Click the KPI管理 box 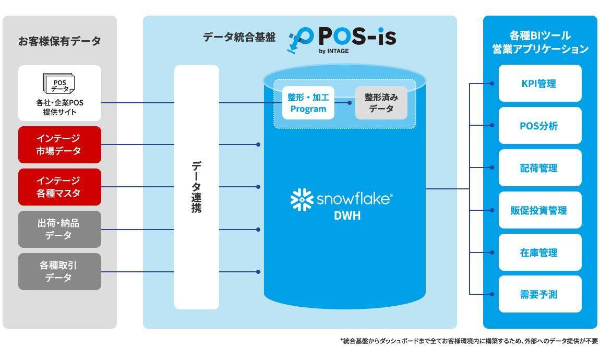[x=539, y=83]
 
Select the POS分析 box [x=539, y=126]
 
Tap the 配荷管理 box [x=539, y=168]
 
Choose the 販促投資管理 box [x=539, y=210]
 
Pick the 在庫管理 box [x=539, y=253]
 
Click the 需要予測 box [x=539, y=294]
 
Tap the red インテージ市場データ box [x=59, y=145]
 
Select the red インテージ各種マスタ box [x=59, y=187]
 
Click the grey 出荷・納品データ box [x=59, y=229]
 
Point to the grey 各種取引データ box [x=59, y=271]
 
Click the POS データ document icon [x=58, y=84]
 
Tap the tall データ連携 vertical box [x=197, y=187]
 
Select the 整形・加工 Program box [x=308, y=103]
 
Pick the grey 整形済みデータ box [x=381, y=103]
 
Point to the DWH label [x=347, y=215]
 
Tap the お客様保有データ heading [x=59, y=41]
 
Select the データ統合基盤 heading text [x=239, y=38]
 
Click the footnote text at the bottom [x=468, y=341]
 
